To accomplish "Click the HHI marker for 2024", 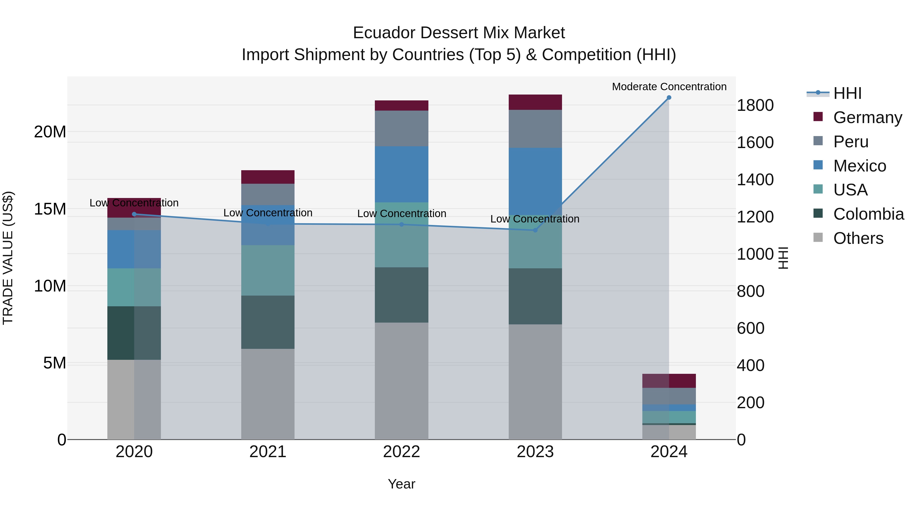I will pyautogui.click(x=669, y=98).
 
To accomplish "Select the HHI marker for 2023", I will pyautogui.click(x=535, y=230).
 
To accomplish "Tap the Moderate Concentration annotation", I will pyautogui.click(x=669, y=87).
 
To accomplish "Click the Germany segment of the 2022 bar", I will pyautogui.click(x=401, y=105).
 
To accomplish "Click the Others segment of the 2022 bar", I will pyautogui.click(x=401, y=381).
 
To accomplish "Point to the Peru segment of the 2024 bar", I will pyautogui.click(x=669, y=396).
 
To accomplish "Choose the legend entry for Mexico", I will pyautogui.click(x=860, y=166).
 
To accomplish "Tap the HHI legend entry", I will pyautogui.click(x=847, y=93).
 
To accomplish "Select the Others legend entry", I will pyautogui.click(x=858, y=238).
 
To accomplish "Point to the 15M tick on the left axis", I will pyautogui.click(x=50, y=209).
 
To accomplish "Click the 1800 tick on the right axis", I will pyautogui.click(x=755, y=105).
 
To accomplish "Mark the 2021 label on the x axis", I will pyautogui.click(x=268, y=452).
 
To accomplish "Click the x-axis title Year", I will pyautogui.click(x=401, y=484).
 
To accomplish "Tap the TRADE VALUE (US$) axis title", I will pyautogui.click(x=8, y=258).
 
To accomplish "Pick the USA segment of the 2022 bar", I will pyautogui.click(x=401, y=235).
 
